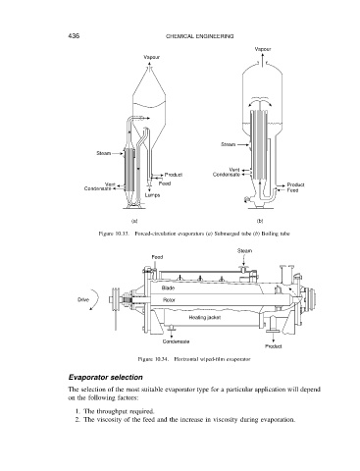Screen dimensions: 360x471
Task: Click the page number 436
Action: click(x=74, y=35)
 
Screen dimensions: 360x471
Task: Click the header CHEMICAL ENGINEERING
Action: click(x=200, y=36)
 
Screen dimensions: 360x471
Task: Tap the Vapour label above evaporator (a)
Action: click(x=152, y=57)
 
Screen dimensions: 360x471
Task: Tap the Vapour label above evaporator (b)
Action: click(x=263, y=49)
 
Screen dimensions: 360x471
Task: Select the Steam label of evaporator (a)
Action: click(x=104, y=153)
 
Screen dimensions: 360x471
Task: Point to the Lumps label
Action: click(x=152, y=195)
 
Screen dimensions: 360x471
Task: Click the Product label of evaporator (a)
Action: click(x=174, y=175)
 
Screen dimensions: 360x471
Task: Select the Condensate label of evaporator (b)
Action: click(x=227, y=175)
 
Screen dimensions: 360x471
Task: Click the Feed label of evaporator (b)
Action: click(x=293, y=189)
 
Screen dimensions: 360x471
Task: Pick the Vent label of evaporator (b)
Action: click(x=234, y=170)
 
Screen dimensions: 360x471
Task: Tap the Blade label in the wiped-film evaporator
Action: click(x=168, y=288)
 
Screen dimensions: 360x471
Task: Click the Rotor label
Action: click(x=169, y=300)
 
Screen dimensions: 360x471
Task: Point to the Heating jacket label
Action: click(x=205, y=317)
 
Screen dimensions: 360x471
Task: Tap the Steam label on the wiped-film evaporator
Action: click(x=244, y=251)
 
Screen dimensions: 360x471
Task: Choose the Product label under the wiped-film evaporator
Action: click(x=274, y=346)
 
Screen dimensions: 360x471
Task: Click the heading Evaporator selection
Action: click(x=106, y=377)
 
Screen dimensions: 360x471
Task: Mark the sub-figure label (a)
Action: click(x=134, y=221)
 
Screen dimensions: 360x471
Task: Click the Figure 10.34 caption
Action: click(x=194, y=359)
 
